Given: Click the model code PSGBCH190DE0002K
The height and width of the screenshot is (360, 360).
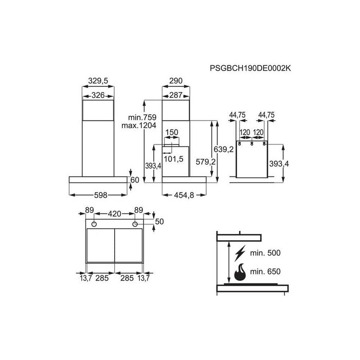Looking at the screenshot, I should point(254,68).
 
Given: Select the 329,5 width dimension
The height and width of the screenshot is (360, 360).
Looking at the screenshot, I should point(98,81).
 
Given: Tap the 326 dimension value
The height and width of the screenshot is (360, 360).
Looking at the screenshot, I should point(98,95).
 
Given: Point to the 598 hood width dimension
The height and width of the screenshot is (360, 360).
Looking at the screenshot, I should point(98,195).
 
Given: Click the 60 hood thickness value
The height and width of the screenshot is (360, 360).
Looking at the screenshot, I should point(135,180).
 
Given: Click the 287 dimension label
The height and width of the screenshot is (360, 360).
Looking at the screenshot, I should point(177,95).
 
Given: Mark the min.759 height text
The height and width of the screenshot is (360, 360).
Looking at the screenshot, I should point(143,117).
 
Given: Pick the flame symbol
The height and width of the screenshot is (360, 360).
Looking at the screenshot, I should point(239,272).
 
